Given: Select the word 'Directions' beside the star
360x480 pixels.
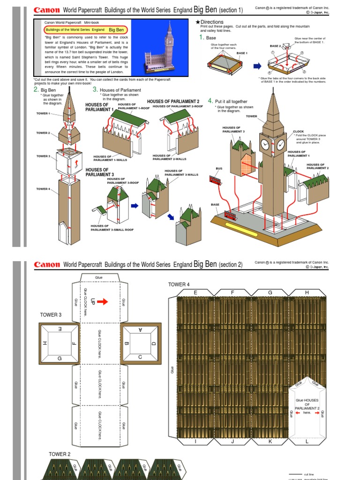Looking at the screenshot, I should click(212, 22).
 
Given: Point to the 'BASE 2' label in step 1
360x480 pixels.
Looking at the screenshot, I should click(275, 46).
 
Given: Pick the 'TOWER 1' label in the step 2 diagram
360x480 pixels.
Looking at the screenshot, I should click(43, 113).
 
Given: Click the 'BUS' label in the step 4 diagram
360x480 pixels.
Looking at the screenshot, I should click(218, 168).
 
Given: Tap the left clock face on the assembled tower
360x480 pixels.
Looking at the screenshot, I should click(265, 143).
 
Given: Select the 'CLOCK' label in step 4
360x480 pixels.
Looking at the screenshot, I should click(298, 131).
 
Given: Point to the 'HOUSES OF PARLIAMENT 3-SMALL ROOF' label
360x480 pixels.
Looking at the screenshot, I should click(112, 228).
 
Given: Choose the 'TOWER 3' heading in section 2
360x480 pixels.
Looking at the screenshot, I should click(51, 315).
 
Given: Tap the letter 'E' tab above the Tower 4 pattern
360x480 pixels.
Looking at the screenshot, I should click(195, 292).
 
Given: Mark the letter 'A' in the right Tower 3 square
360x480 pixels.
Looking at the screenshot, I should click(140, 330).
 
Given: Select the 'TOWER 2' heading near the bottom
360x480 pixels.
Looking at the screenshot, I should click(60, 454).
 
